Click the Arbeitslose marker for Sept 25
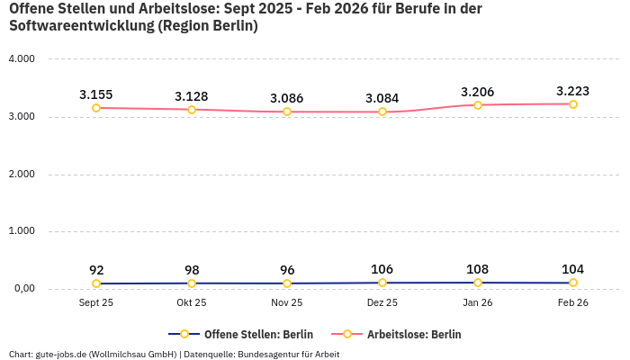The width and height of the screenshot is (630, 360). coord(96,108)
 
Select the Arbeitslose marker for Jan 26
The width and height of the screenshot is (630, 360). coord(478,105)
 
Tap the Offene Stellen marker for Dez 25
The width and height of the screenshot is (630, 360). coord(382,283)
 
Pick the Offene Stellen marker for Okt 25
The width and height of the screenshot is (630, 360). coord(192,283)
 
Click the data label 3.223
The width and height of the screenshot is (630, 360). coord(573,91)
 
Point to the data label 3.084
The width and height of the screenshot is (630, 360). coord(382,98)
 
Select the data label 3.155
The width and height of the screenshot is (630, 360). coord(96,94)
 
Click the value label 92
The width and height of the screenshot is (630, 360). coord(96,270)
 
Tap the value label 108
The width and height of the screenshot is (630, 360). coord(478,269)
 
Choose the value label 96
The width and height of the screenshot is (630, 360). coord(287,270)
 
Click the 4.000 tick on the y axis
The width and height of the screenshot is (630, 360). coord(21,59)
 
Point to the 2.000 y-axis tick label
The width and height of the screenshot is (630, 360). coord(21,174)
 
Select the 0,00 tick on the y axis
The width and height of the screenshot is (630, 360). coord(22,289)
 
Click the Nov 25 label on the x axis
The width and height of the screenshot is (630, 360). coord(287,303)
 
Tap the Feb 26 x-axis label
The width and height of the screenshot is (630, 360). coord(573,303)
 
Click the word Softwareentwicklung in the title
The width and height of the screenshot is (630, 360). coord(80,26)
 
